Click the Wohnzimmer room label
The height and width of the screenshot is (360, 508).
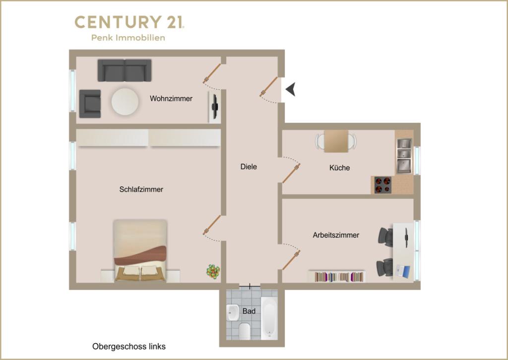click(171, 99)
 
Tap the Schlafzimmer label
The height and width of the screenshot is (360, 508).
click(141, 189)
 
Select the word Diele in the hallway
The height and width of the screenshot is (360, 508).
click(249, 167)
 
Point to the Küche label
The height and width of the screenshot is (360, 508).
click(339, 168)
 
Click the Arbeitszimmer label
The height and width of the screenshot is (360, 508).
click(336, 235)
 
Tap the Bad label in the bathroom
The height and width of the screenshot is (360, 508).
click(249, 311)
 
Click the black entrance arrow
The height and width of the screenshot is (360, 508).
click(291, 89)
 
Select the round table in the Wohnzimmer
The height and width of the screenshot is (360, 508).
click(125, 101)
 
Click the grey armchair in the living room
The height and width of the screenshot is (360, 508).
click(90, 104)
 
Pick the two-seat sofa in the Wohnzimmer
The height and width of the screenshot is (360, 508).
click(125, 70)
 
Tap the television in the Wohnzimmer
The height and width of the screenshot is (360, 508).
click(214, 107)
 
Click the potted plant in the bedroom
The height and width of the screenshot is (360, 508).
click(213, 271)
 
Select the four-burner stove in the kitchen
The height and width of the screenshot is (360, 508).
click(382, 185)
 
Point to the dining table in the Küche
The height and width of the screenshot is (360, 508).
click(336, 141)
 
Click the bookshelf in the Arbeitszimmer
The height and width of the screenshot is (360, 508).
click(337, 277)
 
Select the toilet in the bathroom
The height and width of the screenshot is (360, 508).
click(244, 331)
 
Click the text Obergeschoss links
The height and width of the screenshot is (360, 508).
click(129, 347)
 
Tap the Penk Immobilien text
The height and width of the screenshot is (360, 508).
click(128, 38)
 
